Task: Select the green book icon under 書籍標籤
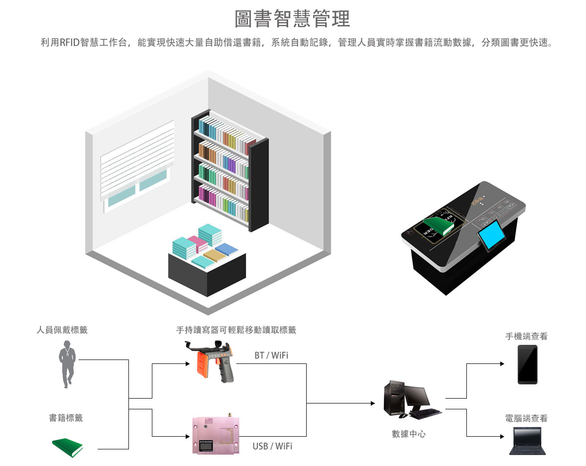[x=67, y=447]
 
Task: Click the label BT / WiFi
[x=271, y=355]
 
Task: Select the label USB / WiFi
[x=272, y=446]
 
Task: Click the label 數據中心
[x=409, y=434]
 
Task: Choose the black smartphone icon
[x=527, y=364]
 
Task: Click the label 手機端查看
[x=526, y=336]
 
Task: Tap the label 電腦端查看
[x=526, y=418]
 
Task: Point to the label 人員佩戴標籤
[x=62, y=330]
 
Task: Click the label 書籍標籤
[x=66, y=418]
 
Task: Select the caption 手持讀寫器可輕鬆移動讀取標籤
[x=236, y=330]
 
